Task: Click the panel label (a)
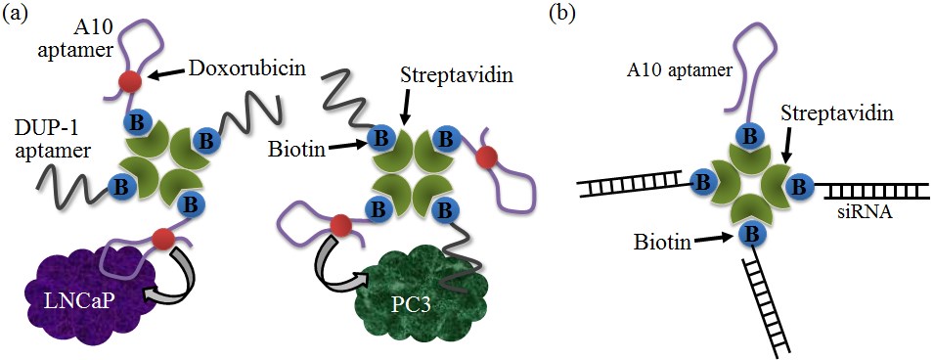coord(18,14)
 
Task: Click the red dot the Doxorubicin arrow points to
coord(129,81)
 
